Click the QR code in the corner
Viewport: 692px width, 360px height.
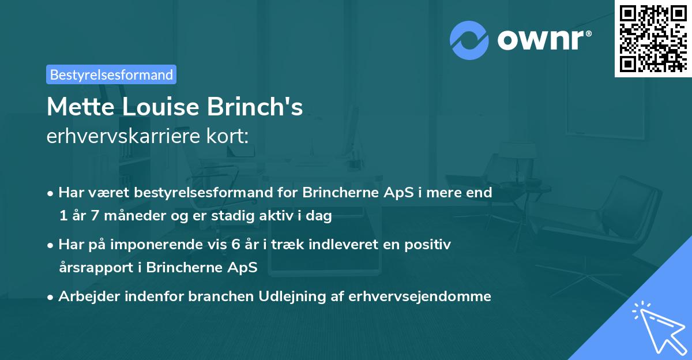(x=653, y=39)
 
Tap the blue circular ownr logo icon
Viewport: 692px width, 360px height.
(x=469, y=40)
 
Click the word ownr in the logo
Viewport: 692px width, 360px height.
(x=544, y=40)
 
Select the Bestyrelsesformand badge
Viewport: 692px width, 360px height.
(x=111, y=74)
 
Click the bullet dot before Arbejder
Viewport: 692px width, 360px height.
(x=51, y=297)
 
